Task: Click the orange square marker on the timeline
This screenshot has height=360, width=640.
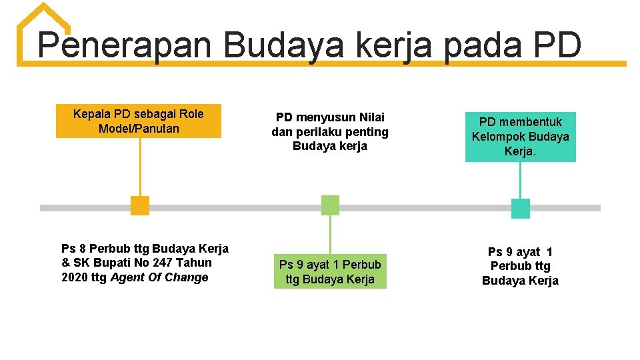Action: point(140,205)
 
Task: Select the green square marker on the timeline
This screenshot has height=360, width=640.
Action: point(330,205)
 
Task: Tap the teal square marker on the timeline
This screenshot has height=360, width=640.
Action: point(521,209)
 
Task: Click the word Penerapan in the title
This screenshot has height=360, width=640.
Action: point(125,45)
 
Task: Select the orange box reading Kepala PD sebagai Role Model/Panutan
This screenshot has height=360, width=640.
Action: point(139,121)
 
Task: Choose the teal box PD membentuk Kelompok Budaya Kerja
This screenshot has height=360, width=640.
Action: point(521,137)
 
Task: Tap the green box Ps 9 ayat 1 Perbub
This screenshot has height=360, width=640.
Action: point(330,272)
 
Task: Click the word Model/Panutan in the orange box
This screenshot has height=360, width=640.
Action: point(139,129)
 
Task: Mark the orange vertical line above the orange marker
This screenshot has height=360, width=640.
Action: point(140,167)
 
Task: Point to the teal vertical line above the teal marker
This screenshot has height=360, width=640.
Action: point(521,180)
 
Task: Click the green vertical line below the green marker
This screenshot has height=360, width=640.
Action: point(330,233)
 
